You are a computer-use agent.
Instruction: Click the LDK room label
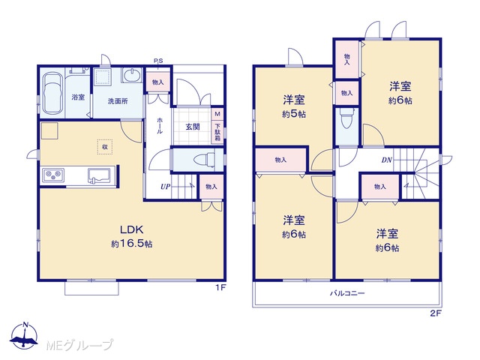click(132, 229)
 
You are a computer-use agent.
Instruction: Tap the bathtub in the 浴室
click(52, 94)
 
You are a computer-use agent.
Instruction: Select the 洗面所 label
click(118, 101)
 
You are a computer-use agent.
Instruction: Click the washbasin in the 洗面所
click(132, 75)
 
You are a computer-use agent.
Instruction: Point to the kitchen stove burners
click(53, 175)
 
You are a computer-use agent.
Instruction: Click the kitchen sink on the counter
click(99, 175)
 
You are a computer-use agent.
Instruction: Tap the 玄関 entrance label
click(193, 127)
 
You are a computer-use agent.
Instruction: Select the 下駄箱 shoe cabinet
click(217, 132)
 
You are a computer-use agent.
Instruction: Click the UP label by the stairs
click(165, 187)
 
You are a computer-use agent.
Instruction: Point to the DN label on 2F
click(387, 160)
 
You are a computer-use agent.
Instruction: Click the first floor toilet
click(205, 160)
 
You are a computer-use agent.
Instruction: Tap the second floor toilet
click(346, 118)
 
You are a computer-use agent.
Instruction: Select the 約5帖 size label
click(294, 115)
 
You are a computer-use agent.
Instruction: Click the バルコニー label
click(347, 293)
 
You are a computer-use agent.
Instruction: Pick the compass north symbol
click(25, 335)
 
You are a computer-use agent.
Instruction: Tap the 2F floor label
click(436, 313)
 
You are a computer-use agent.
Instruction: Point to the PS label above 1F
click(158, 61)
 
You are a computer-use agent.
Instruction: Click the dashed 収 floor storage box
click(105, 147)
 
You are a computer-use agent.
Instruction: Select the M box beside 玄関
click(217, 114)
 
